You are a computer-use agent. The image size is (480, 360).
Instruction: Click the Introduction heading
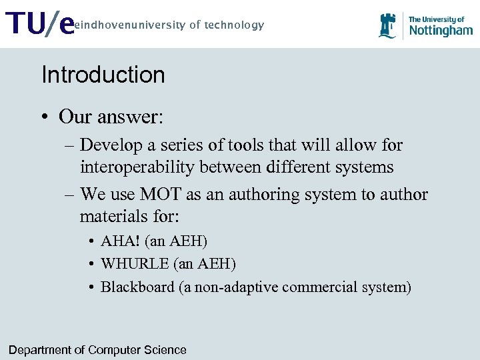coord(103,75)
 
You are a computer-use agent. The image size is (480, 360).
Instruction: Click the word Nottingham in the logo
coord(440,31)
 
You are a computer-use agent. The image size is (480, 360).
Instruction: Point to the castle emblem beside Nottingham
coord(387,26)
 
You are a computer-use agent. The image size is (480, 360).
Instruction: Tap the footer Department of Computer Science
coord(97,350)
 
